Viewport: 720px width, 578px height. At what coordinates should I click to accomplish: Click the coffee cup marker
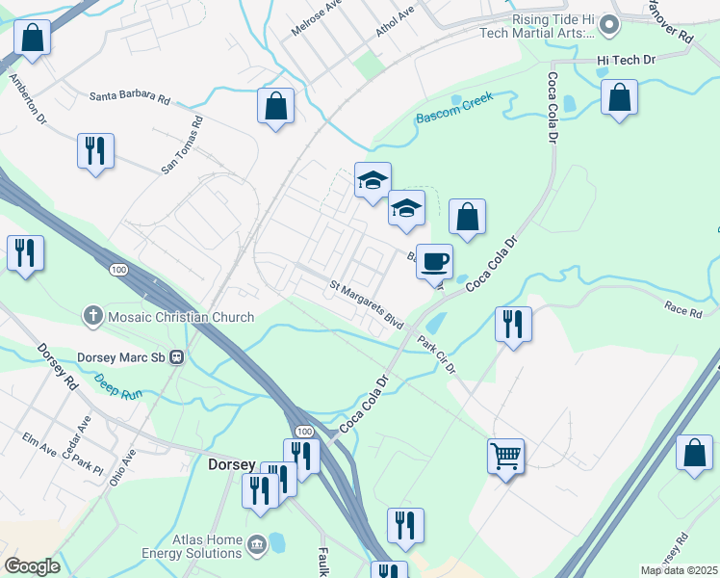click(x=435, y=261)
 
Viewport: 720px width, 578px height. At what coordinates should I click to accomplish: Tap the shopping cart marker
click(x=505, y=454)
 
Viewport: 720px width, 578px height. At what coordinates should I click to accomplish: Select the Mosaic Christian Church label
click(x=180, y=317)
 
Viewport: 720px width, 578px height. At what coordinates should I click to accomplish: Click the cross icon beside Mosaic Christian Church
click(x=93, y=316)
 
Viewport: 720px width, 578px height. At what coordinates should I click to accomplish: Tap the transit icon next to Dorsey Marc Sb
click(x=176, y=356)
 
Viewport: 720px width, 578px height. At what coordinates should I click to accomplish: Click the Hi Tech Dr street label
click(x=626, y=60)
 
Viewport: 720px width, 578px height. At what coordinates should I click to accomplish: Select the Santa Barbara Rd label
click(x=130, y=98)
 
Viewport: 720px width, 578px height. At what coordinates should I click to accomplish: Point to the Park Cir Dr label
click(x=436, y=354)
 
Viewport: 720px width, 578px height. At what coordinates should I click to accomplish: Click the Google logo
click(x=32, y=566)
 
